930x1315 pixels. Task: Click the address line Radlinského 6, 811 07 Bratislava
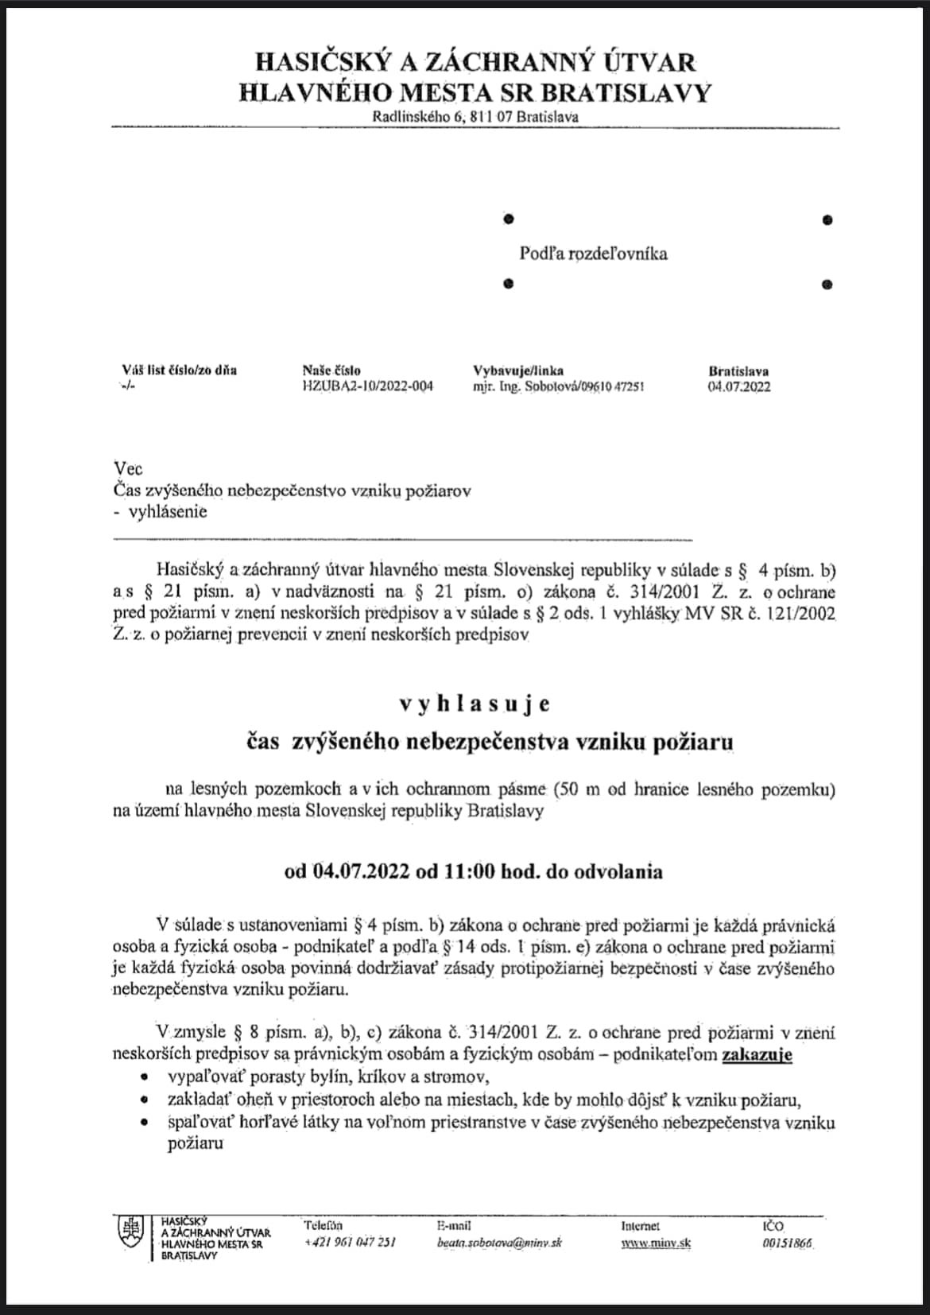pos(475,117)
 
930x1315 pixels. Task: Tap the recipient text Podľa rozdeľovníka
pos(593,254)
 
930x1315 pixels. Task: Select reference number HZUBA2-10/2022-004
pos(367,387)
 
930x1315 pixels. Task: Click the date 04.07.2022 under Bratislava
pos(738,387)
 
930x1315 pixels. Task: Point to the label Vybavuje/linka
pos(518,370)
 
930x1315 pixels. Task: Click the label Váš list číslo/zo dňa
pos(179,370)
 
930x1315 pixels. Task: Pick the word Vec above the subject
pos(128,469)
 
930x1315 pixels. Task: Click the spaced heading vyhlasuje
pos(475,704)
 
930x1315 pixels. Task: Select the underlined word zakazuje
pos(756,1055)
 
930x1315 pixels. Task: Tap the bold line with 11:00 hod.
pos(474,871)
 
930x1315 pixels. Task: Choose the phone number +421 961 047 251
pos(350,1242)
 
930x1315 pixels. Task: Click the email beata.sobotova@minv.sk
pos(499,1242)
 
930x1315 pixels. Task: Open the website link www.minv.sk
pos(656,1243)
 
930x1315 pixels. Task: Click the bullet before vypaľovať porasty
pos(143,1078)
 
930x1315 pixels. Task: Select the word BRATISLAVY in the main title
pos(626,93)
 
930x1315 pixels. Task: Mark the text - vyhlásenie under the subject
pos(161,511)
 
